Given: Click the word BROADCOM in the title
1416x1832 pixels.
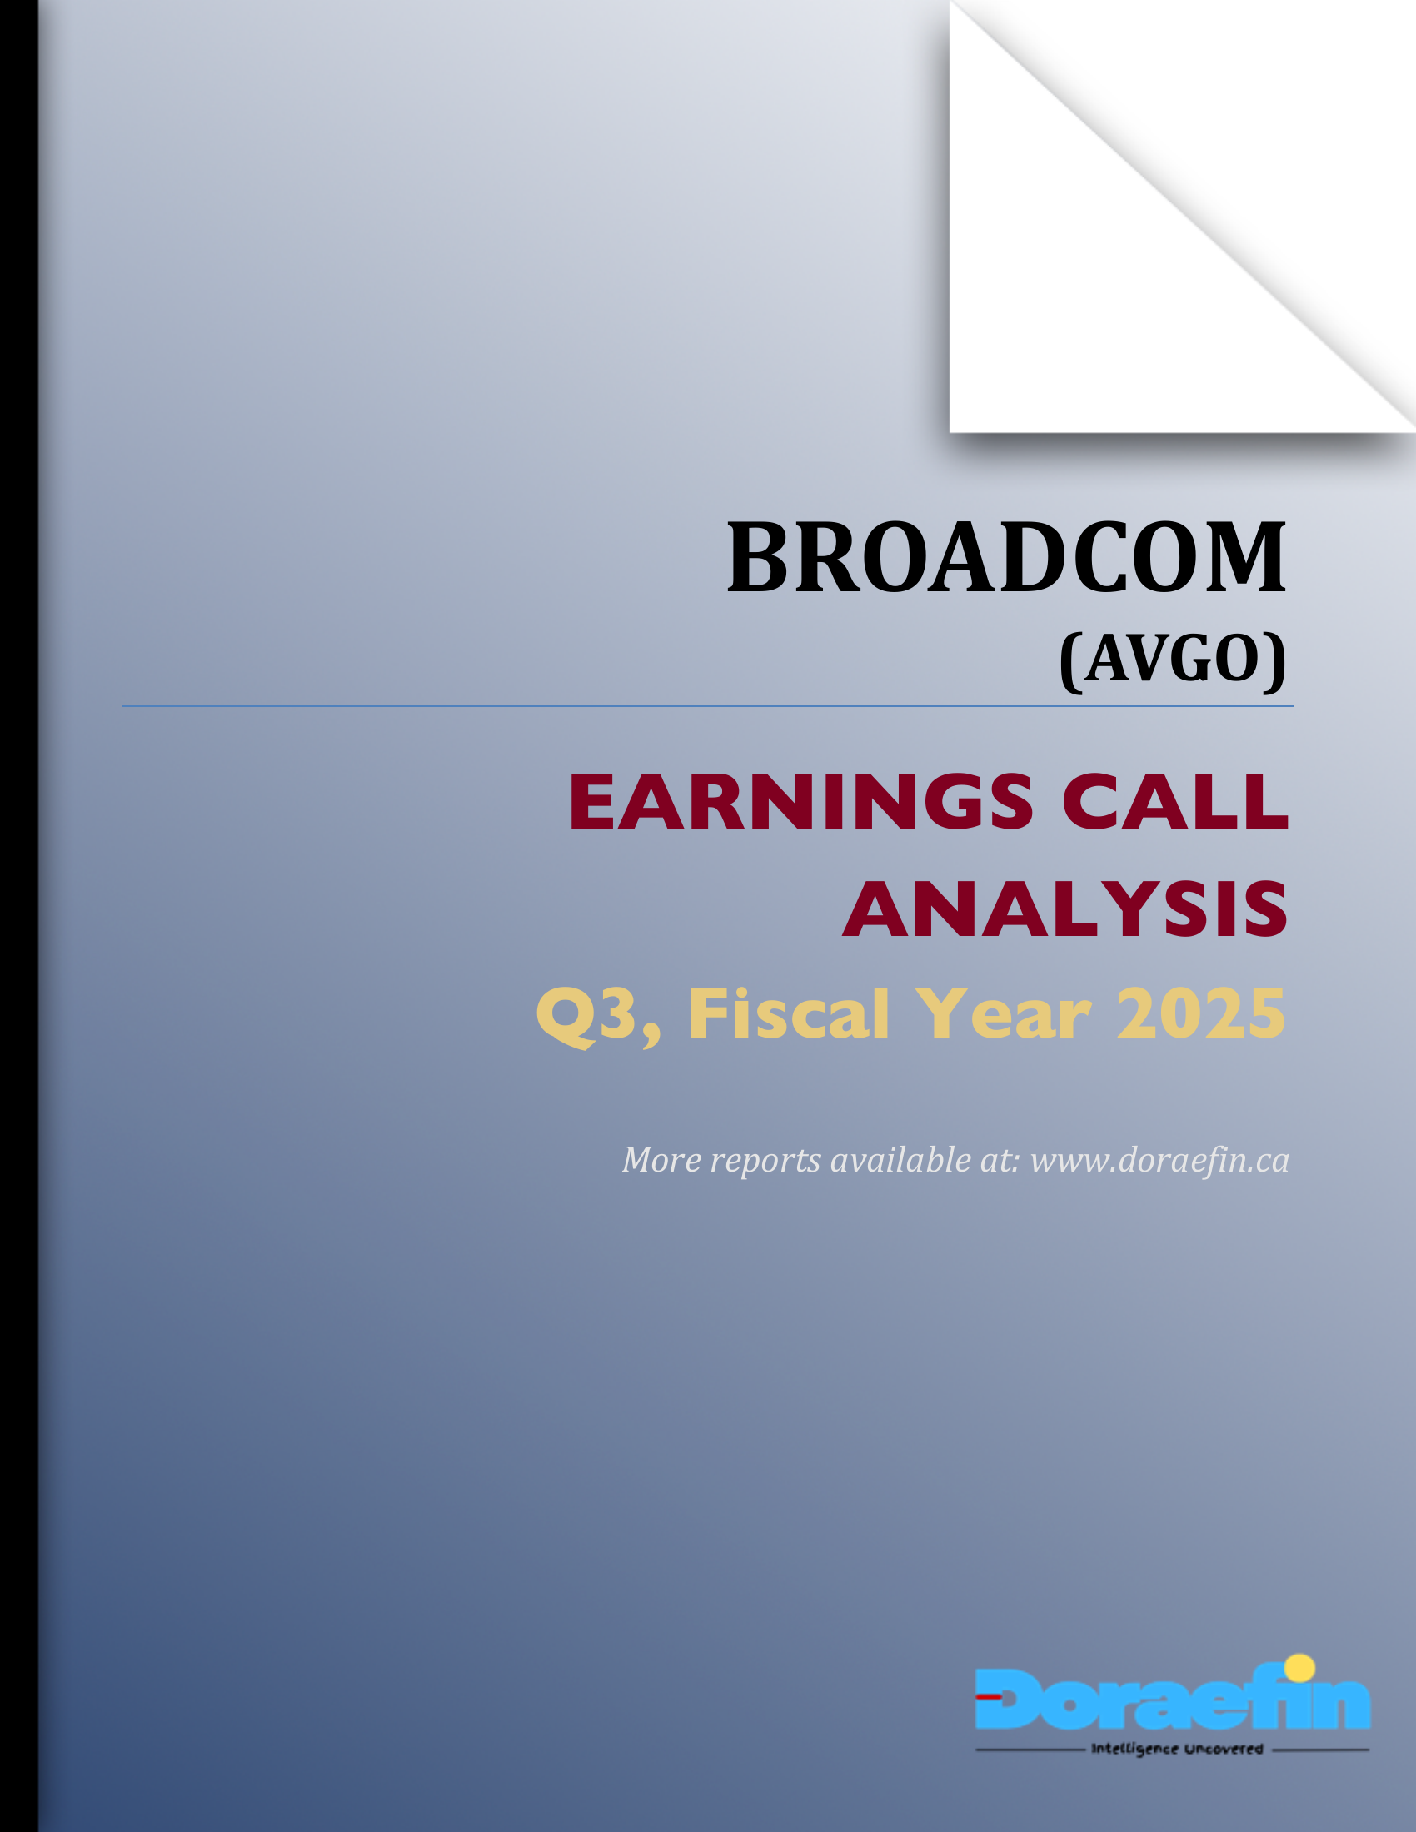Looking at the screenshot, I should (x=1006, y=558).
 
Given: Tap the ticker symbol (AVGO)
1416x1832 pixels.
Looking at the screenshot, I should (x=1173, y=660).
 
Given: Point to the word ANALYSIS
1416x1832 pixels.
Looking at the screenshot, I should (x=1065, y=909).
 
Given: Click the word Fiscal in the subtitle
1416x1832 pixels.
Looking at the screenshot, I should (x=789, y=1014).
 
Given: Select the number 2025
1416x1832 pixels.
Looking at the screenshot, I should (x=1201, y=1014).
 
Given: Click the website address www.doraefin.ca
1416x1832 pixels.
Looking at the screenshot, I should (x=1159, y=1160).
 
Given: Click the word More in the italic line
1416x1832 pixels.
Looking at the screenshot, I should (x=661, y=1160).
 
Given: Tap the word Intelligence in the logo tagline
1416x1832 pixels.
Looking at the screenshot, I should (x=1134, y=1749).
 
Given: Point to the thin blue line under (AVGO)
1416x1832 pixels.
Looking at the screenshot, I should (x=707, y=706).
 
